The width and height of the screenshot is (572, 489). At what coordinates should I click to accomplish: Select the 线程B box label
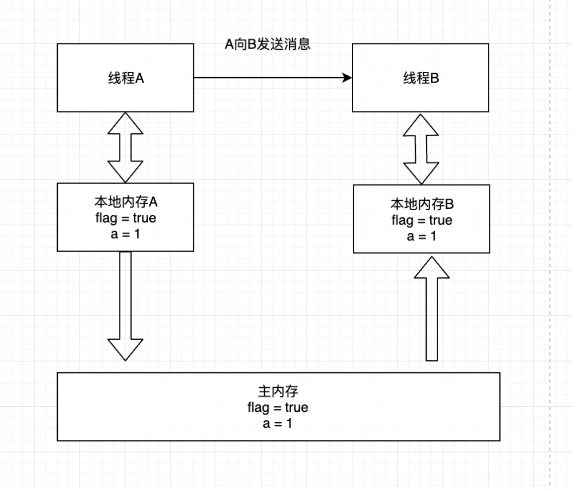pos(421,78)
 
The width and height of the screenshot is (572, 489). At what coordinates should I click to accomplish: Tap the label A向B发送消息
pos(268,44)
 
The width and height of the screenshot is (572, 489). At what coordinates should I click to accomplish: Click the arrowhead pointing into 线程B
pos(347,78)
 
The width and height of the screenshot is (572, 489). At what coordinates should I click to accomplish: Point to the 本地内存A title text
pos(125,202)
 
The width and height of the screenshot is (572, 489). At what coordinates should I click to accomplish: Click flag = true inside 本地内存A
pos(125,218)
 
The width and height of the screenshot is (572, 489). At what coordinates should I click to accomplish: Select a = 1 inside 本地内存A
pos(125,233)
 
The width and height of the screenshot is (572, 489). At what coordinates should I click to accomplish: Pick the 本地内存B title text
pos(422,204)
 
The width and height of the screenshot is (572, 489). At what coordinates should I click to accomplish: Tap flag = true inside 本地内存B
pos(422,220)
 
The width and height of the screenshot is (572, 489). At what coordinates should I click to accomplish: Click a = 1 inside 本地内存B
pos(422,236)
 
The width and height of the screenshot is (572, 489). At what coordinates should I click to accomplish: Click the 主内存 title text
pos(278,391)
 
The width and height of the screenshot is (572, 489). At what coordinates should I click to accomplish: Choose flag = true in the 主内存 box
pos(278,407)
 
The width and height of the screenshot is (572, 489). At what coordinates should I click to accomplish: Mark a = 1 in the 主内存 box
pos(278,423)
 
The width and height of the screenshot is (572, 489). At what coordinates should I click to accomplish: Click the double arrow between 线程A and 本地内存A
pos(125,148)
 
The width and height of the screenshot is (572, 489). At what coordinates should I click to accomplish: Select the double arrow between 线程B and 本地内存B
pos(422,148)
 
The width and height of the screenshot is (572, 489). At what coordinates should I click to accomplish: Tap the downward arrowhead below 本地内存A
pos(125,348)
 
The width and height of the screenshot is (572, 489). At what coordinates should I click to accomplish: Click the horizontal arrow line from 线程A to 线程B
pos(269,78)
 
